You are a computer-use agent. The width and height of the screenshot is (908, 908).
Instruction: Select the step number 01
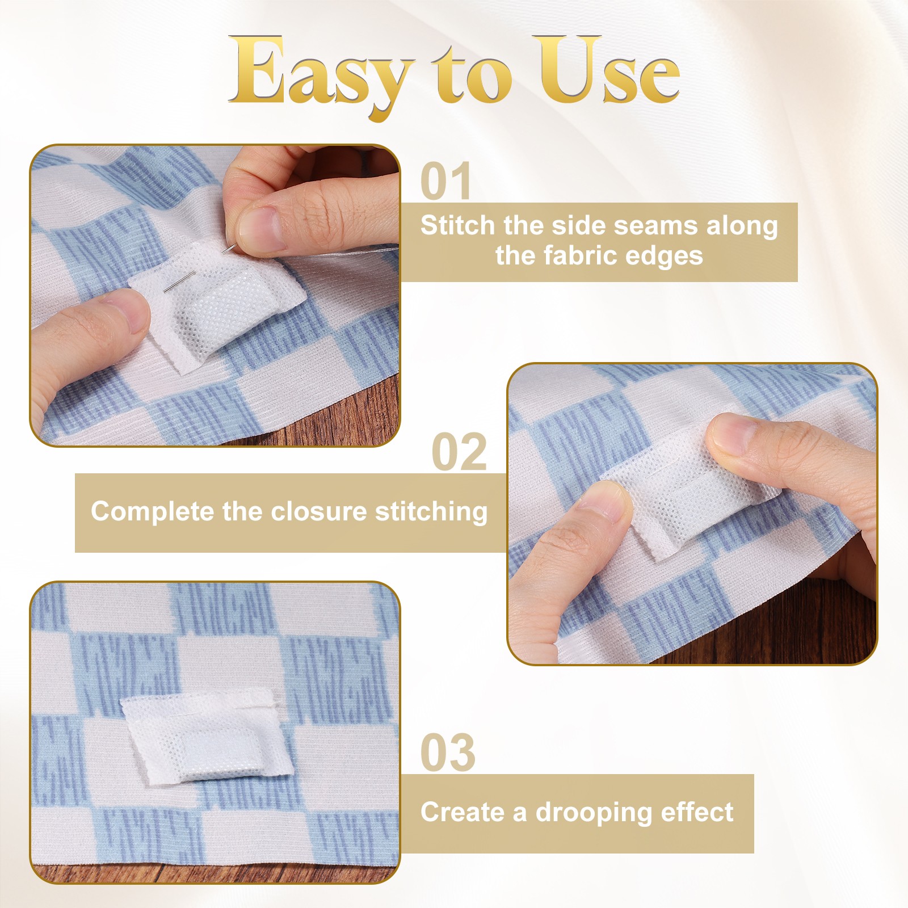point(446,181)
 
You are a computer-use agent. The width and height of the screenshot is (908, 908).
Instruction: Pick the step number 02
point(459,452)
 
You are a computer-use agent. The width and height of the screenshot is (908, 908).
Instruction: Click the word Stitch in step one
point(458,225)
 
